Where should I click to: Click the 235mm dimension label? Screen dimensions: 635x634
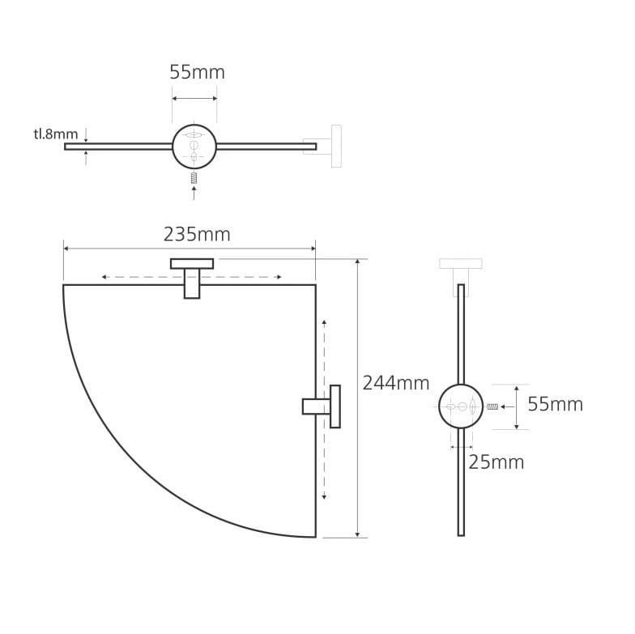pos(197,235)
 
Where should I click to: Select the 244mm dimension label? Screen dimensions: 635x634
pos(395,383)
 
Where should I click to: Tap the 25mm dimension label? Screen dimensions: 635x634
pos(496,462)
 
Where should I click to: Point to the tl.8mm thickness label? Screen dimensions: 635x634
pos(55,134)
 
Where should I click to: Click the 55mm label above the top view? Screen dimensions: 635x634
pos(197,73)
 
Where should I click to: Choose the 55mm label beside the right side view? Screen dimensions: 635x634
pos(556,404)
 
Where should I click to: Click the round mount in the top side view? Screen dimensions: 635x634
pos(194,147)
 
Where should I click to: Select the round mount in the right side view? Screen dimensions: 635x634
pos(461,406)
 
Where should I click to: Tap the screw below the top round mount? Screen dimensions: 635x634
pos(194,177)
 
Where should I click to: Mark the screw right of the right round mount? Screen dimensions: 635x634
pos(492,406)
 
